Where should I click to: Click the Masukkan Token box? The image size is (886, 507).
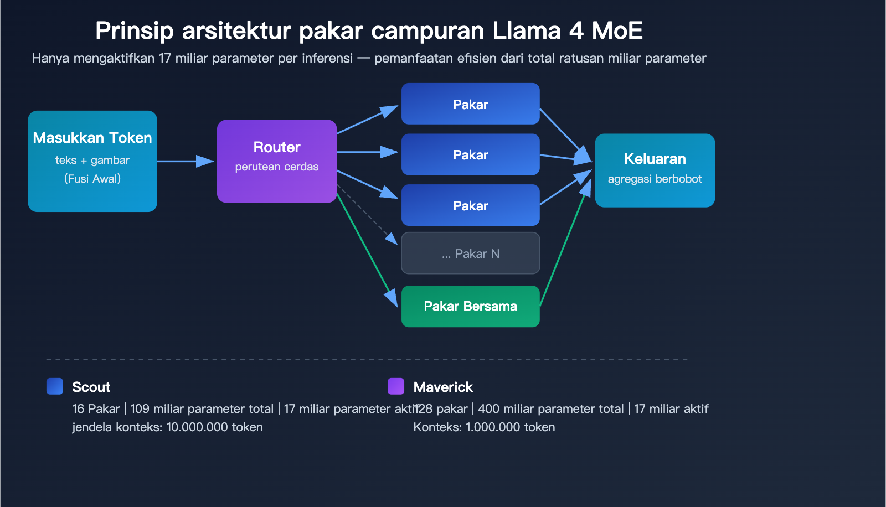[x=92, y=161]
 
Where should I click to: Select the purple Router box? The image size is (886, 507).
[x=277, y=161]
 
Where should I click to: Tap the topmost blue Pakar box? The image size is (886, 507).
[x=470, y=104]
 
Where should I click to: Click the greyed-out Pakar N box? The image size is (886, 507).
[x=470, y=253]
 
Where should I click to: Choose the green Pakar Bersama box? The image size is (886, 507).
[x=470, y=306]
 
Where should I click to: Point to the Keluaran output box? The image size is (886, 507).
[x=655, y=170]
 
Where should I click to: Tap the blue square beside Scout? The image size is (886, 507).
[x=55, y=386]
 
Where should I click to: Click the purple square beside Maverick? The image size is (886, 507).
[x=396, y=386]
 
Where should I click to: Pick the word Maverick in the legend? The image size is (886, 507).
[x=443, y=387]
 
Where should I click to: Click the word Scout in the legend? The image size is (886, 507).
[x=91, y=387]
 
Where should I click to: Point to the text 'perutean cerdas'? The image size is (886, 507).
[x=277, y=167]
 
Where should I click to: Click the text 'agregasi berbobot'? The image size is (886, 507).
[x=655, y=179]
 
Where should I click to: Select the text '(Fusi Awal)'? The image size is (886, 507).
[x=92, y=179]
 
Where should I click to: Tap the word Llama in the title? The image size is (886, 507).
[x=527, y=30]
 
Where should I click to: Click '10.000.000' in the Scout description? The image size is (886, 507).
[x=197, y=427]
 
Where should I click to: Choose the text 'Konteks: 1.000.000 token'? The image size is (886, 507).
[x=484, y=427]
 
